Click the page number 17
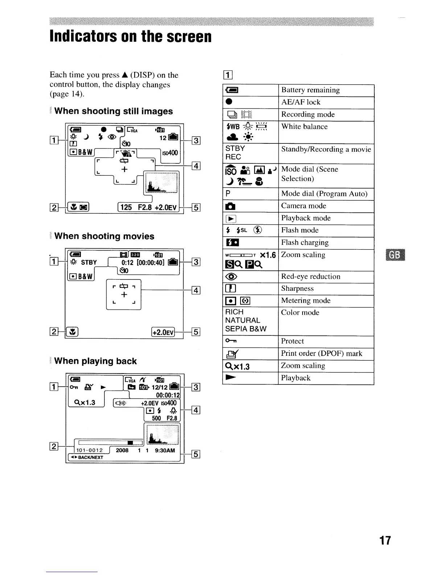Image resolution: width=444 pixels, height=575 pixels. tap(385, 541)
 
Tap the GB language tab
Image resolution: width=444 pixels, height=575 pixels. tap(396, 255)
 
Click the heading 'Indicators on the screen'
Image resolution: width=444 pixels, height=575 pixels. tap(131, 36)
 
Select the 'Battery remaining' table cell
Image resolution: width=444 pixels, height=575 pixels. tap(311, 90)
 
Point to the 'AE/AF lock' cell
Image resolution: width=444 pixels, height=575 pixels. tap(301, 102)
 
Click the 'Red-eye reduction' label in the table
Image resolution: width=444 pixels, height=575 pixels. tap(311, 276)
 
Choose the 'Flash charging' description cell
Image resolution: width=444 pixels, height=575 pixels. tap(305, 242)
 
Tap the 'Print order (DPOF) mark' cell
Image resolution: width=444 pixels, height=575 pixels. tap(321, 353)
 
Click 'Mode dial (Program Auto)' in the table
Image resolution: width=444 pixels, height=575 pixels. tap(324, 193)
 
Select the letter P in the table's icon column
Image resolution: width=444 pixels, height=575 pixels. tap(228, 193)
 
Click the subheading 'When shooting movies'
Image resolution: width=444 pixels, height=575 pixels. tap(104, 236)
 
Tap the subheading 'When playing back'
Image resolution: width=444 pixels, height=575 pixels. tap(95, 361)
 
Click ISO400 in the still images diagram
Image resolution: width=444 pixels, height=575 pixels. tap(170, 153)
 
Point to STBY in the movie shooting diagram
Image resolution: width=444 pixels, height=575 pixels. tap(89, 262)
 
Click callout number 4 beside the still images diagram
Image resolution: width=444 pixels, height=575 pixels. tap(196, 166)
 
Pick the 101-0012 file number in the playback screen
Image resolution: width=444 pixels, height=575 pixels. tap(89, 450)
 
